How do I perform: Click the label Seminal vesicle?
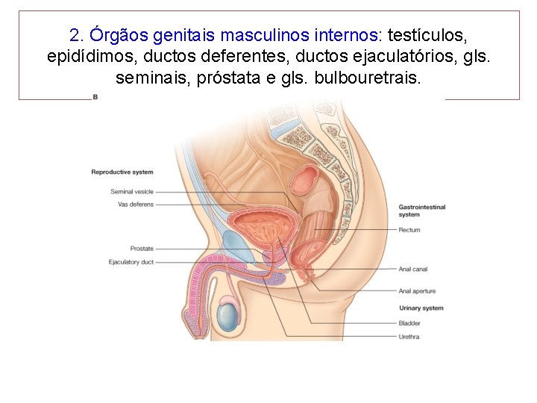[x=132, y=192]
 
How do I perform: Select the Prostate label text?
[x=142, y=249]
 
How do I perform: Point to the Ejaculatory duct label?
[x=131, y=262]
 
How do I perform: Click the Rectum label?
[x=409, y=230]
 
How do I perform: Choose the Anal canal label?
[x=413, y=269]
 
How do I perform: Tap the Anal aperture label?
[x=417, y=291]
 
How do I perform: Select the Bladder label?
[x=409, y=323]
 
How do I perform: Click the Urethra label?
[x=409, y=337]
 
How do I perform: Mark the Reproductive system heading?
[x=122, y=172]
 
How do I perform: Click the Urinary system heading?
[x=421, y=308]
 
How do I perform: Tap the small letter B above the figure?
[x=95, y=98]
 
